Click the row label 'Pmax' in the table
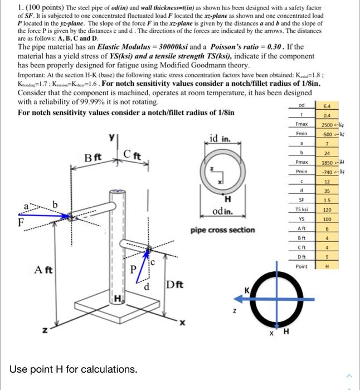[x=301, y=162]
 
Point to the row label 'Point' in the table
[x=302, y=266]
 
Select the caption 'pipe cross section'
[x=222, y=230]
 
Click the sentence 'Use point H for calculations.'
[x=73, y=369]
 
